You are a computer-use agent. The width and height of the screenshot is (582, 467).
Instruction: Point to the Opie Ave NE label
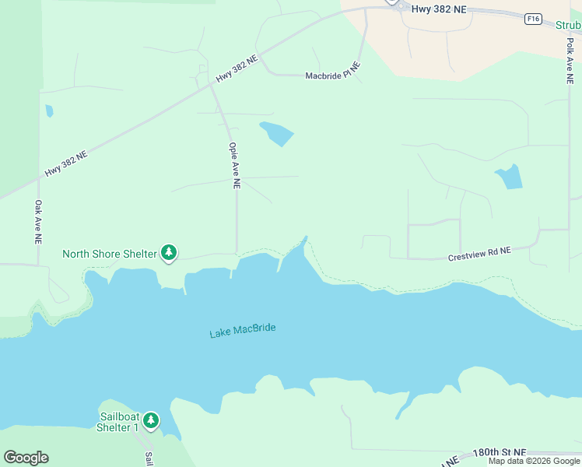click(234, 165)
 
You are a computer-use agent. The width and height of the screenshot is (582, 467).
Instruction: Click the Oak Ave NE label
click(37, 222)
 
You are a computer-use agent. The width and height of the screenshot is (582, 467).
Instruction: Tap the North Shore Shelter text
click(109, 253)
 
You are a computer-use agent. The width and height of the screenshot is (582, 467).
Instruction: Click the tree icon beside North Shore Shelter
click(169, 252)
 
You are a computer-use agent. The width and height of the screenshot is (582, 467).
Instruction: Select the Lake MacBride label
click(243, 331)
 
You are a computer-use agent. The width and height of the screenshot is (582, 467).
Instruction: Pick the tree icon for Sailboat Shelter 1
click(151, 421)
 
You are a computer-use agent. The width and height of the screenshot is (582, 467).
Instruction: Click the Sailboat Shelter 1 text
click(117, 421)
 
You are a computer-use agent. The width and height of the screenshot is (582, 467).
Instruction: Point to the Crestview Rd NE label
click(479, 254)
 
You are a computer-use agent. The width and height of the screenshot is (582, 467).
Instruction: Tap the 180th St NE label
click(500, 453)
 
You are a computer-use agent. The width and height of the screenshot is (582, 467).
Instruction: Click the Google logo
click(26, 458)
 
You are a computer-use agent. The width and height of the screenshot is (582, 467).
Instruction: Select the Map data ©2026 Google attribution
click(534, 461)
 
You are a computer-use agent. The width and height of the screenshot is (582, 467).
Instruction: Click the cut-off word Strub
click(568, 25)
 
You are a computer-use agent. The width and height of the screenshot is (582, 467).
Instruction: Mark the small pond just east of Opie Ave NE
click(277, 134)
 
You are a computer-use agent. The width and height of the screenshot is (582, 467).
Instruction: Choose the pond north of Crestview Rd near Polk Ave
click(509, 178)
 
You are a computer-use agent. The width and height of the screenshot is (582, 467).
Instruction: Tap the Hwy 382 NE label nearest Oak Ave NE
click(66, 163)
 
